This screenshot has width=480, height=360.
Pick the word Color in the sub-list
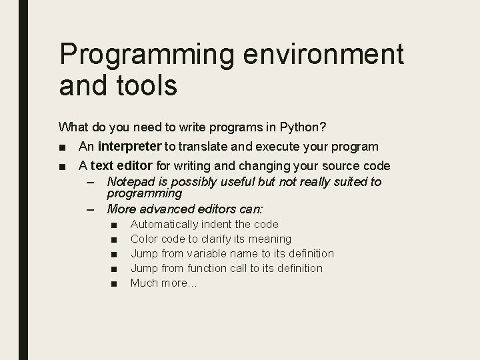click(144, 239)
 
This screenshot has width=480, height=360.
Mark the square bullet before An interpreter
click(63, 147)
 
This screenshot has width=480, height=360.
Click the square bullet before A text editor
click(63, 166)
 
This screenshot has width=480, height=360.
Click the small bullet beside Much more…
click(115, 283)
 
